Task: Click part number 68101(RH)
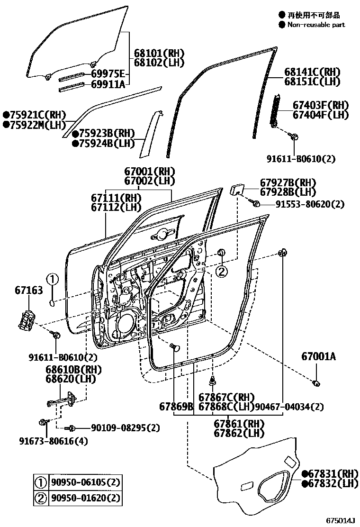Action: [x=159, y=53]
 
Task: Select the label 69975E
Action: [x=108, y=73]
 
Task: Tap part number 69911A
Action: [x=108, y=84]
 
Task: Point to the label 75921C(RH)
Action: [x=35, y=114]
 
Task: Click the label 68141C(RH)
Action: [x=312, y=72]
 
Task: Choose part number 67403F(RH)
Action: [x=320, y=105]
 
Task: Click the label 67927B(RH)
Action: [x=288, y=182]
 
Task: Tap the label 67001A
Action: [x=318, y=356]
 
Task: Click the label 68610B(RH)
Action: [x=67, y=370]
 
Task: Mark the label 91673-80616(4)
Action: [x=54, y=441]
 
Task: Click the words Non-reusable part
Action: [x=315, y=25]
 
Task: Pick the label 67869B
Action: [x=176, y=407]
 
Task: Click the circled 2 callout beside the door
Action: [x=221, y=271]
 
